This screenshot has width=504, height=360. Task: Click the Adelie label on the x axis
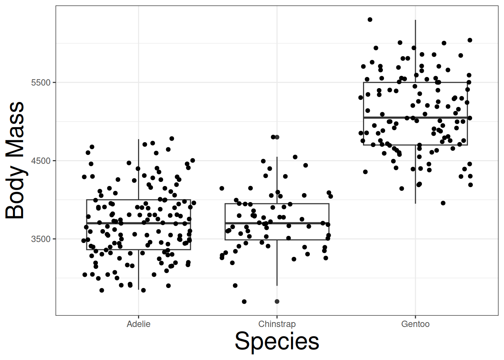[138, 324]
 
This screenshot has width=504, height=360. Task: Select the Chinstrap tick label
[277, 324]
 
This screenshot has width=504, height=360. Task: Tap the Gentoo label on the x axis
[415, 324]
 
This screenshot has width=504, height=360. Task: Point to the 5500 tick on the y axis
[40, 82]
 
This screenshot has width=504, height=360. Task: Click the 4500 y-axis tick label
[40, 161]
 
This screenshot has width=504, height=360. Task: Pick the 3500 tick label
[40, 239]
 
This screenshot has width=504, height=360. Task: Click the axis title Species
[277, 341]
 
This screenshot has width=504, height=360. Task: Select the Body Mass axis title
[15, 160]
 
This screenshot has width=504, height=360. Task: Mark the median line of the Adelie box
[112, 223]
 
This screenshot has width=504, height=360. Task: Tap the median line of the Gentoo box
[390, 118]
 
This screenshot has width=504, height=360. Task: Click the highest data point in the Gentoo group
[370, 19]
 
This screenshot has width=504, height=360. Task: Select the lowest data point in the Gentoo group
[443, 203]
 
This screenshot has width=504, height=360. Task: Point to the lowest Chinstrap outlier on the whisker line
[277, 301]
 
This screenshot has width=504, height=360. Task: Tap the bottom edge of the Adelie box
[112, 249]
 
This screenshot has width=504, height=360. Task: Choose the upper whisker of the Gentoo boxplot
[415, 49]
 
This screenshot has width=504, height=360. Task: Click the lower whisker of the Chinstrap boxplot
[277, 262]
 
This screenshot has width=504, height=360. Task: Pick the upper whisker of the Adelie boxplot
[138, 169]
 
